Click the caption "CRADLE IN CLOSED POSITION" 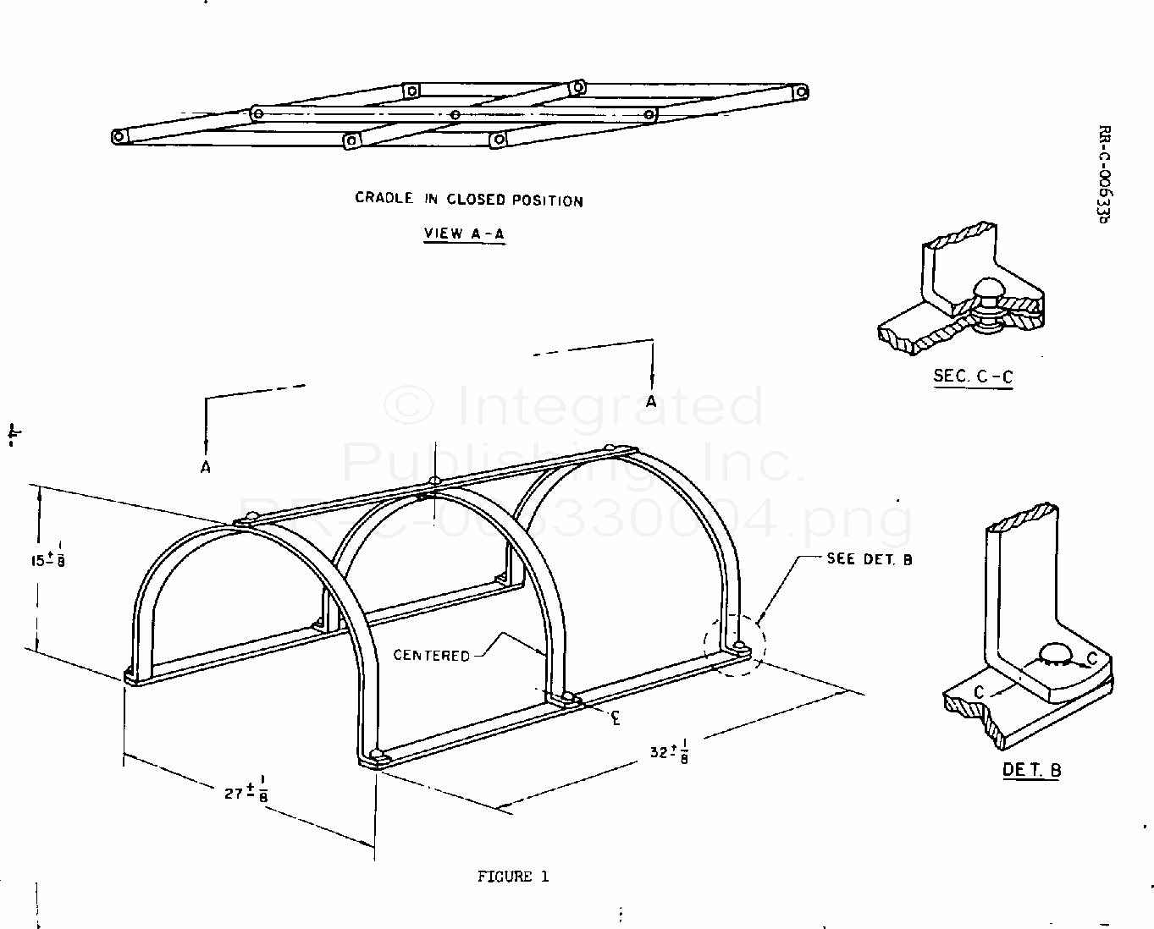469,200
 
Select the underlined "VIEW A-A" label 464,234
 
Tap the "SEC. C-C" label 973,377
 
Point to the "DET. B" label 1032,769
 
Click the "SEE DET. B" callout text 870,559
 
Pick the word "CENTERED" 431,655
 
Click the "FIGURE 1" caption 513,877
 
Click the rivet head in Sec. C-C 988,290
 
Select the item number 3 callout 616,717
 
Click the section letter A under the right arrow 651,401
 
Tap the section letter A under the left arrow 205,467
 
